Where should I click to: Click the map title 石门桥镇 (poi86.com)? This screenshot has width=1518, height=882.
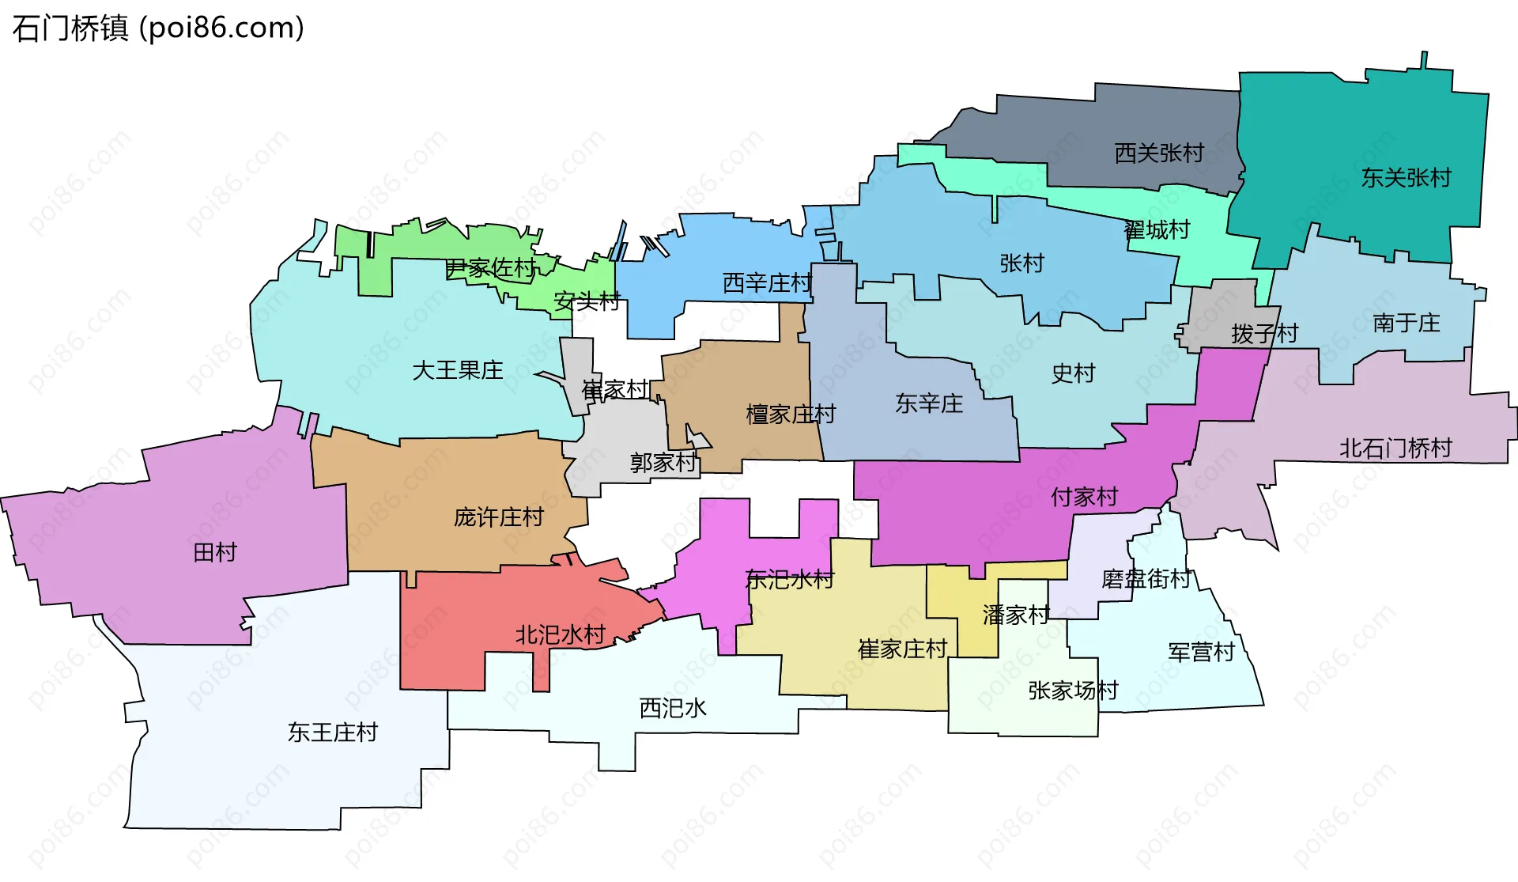tap(158, 28)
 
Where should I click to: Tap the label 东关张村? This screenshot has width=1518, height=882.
tap(1406, 178)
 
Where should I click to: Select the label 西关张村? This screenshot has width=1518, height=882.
tap(1158, 153)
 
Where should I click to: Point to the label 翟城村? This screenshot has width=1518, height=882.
tap(1157, 230)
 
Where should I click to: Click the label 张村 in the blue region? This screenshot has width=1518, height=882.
tap(1021, 263)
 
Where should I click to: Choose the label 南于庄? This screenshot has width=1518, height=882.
tap(1406, 323)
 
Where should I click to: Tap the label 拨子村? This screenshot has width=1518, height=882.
tap(1264, 334)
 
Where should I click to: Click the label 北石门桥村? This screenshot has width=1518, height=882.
tap(1395, 449)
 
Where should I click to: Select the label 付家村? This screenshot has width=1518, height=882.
tap(1084, 497)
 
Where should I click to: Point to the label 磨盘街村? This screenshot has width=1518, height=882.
tap(1146, 579)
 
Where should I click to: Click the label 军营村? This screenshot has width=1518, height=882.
tap(1201, 653)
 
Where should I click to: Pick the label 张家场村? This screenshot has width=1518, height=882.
tap(1073, 691)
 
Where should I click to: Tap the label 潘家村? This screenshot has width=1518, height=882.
tap(1015, 615)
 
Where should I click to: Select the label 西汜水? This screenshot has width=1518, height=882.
tap(672, 708)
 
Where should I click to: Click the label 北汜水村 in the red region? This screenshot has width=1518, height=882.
tap(560, 634)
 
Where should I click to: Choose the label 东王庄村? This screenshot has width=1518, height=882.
tap(332, 732)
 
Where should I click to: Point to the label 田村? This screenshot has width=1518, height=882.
tap(215, 552)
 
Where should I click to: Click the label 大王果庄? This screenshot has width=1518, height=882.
tap(457, 370)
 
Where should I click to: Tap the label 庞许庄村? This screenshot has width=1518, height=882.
tap(498, 517)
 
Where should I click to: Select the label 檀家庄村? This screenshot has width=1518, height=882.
tap(790, 414)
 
